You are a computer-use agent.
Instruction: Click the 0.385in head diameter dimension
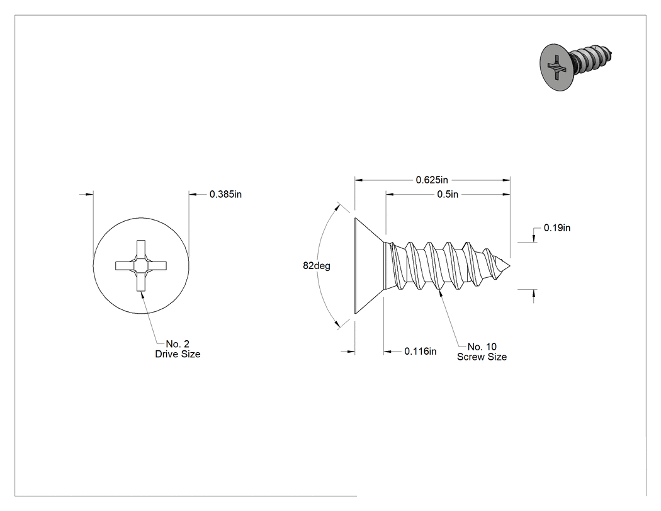point(225,194)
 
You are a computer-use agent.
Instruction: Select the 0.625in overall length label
point(432,180)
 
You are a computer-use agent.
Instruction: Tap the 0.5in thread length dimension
point(447,194)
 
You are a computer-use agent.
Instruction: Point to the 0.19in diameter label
point(557,228)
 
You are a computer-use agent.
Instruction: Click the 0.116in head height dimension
point(421,351)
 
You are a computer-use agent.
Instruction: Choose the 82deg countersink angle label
point(317,266)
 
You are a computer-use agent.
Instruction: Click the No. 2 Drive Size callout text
point(178,349)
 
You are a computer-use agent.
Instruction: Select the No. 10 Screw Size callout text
point(482,352)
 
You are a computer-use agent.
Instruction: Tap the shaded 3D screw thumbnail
point(576,66)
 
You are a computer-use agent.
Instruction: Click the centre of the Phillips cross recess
point(141,266)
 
